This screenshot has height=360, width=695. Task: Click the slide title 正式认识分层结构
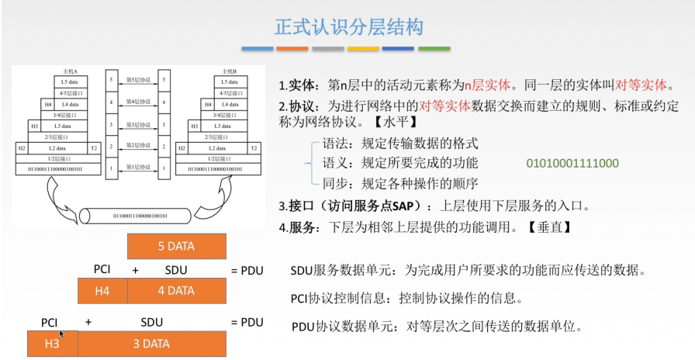click(348, 27)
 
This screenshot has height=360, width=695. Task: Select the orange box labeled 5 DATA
click(176, 247)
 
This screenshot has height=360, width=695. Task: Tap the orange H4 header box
click(102, 291)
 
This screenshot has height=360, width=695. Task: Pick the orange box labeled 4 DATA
click(176, 291)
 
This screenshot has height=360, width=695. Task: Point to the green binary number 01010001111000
click(572, 164)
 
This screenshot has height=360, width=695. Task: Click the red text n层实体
click(486, 85)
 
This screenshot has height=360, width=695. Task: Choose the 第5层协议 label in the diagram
click(138, 80)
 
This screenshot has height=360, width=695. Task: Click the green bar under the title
click(434, 48)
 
